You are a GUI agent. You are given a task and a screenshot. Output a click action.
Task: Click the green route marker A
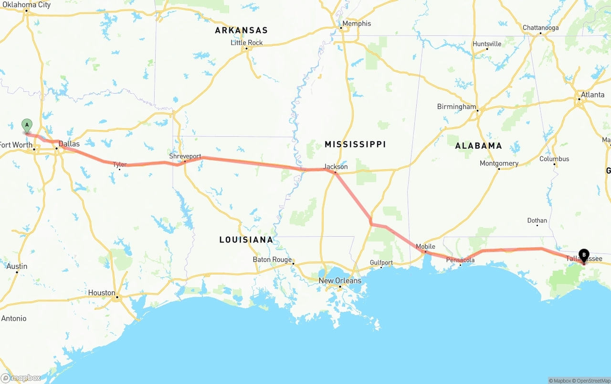[27, 126]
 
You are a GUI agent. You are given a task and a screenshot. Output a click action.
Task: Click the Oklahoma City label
[27, 5]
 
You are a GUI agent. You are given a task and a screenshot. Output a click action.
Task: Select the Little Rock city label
[247, 43]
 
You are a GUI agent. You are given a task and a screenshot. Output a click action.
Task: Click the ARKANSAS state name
[241, 30]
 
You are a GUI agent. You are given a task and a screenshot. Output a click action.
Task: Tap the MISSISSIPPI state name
[355, 144]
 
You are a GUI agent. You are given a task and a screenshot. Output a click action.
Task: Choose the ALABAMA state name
[478, 145]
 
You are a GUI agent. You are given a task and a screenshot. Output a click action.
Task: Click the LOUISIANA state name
[246, 240]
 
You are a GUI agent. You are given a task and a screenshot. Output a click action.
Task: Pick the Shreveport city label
[185, 156]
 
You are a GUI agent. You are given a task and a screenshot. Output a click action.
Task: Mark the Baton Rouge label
[272, 260]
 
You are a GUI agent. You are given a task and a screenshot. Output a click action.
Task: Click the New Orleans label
[340, 280]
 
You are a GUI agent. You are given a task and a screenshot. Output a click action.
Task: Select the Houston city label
[102, 293]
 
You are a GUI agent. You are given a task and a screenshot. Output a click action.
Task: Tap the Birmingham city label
[457, 107]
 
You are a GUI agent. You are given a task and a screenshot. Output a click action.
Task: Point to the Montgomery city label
[499, 163]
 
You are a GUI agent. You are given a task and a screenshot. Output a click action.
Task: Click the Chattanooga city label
[540, 28]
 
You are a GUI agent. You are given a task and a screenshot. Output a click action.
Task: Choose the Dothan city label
[537, 220]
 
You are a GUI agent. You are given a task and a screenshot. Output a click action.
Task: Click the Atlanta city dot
[579, 99]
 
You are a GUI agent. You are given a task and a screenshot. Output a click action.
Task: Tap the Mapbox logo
[21, 378]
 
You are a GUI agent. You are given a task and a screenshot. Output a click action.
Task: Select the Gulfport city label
[381, 263]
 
